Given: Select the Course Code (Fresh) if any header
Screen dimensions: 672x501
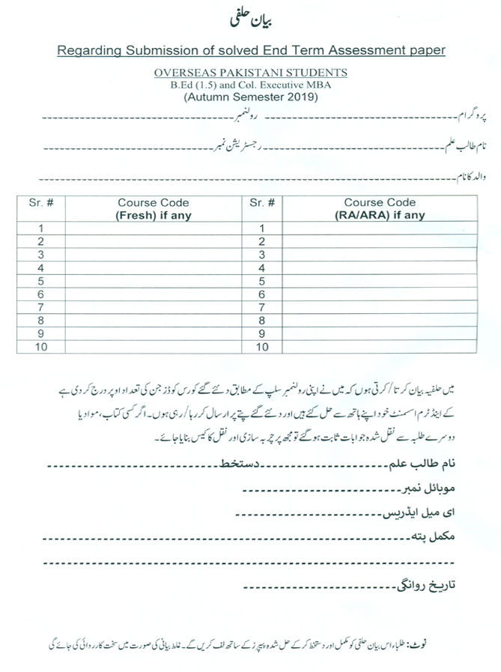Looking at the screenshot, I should [153, 208].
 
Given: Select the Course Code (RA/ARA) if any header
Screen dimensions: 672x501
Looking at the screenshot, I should [380, 208].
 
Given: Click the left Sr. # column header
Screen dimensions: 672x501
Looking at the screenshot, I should [41, 202].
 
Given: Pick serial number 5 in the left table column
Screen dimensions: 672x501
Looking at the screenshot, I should [41, 281].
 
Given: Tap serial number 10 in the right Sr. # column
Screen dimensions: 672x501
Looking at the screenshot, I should [261, 347].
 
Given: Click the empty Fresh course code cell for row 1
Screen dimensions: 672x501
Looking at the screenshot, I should [153, 228].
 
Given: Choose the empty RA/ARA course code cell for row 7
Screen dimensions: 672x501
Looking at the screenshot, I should [380, 307].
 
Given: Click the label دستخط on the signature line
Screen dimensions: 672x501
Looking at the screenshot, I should [234, 465].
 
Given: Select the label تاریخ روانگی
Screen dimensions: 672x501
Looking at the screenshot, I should [424, 585].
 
